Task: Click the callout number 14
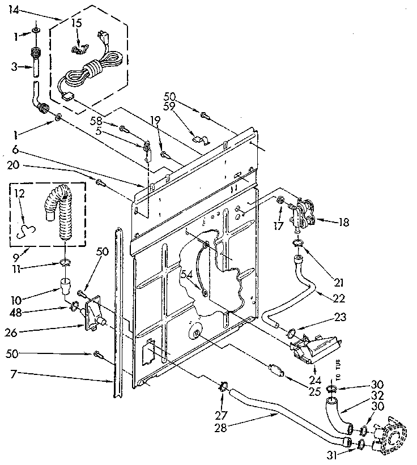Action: [x=14, y=10]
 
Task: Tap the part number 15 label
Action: [x=76, y=24]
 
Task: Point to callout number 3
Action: [x=14, y=67]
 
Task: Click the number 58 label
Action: [x=97, y=121]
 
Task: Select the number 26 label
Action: [x=20, y=327]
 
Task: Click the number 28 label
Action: [x=222, y=428]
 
